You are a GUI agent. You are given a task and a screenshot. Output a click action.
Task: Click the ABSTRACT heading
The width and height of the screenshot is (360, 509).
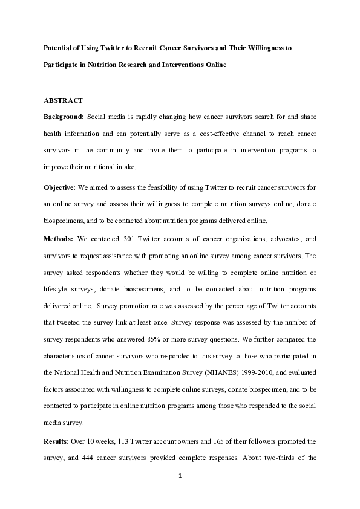64,100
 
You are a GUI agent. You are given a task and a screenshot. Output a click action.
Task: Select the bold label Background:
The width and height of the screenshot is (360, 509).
64,116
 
